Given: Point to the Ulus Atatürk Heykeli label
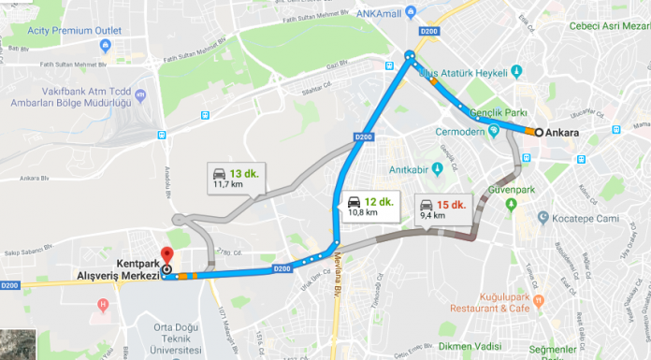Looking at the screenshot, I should (x=469, y=72).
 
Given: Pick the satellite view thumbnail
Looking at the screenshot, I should (x=17, y=344).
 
